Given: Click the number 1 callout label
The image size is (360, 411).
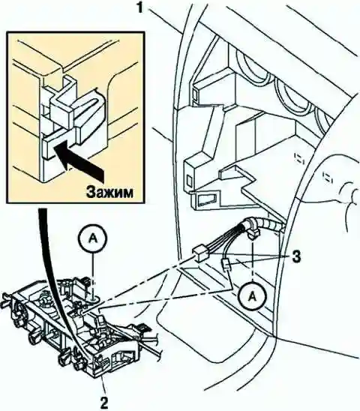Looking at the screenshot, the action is point(141,7).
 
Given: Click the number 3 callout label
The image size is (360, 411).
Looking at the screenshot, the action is point(296,257).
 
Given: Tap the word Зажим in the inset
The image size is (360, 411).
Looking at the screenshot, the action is point(109,193).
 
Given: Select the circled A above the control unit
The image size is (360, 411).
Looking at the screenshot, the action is point(92,239).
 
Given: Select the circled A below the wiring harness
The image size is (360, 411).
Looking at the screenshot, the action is point(252,296).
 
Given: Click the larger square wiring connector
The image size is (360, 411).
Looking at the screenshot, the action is point(199,253).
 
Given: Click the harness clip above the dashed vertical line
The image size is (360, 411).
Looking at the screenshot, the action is point(253,232).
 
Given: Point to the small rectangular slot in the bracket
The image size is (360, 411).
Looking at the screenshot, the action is point(207,199).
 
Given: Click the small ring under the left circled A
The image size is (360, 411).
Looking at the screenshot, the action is point(94,298).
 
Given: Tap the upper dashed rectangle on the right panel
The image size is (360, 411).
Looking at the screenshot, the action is point(298,158).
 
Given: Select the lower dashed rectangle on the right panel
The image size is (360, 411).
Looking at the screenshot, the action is point(326,178).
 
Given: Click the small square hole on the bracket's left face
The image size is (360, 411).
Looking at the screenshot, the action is point(189,181).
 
